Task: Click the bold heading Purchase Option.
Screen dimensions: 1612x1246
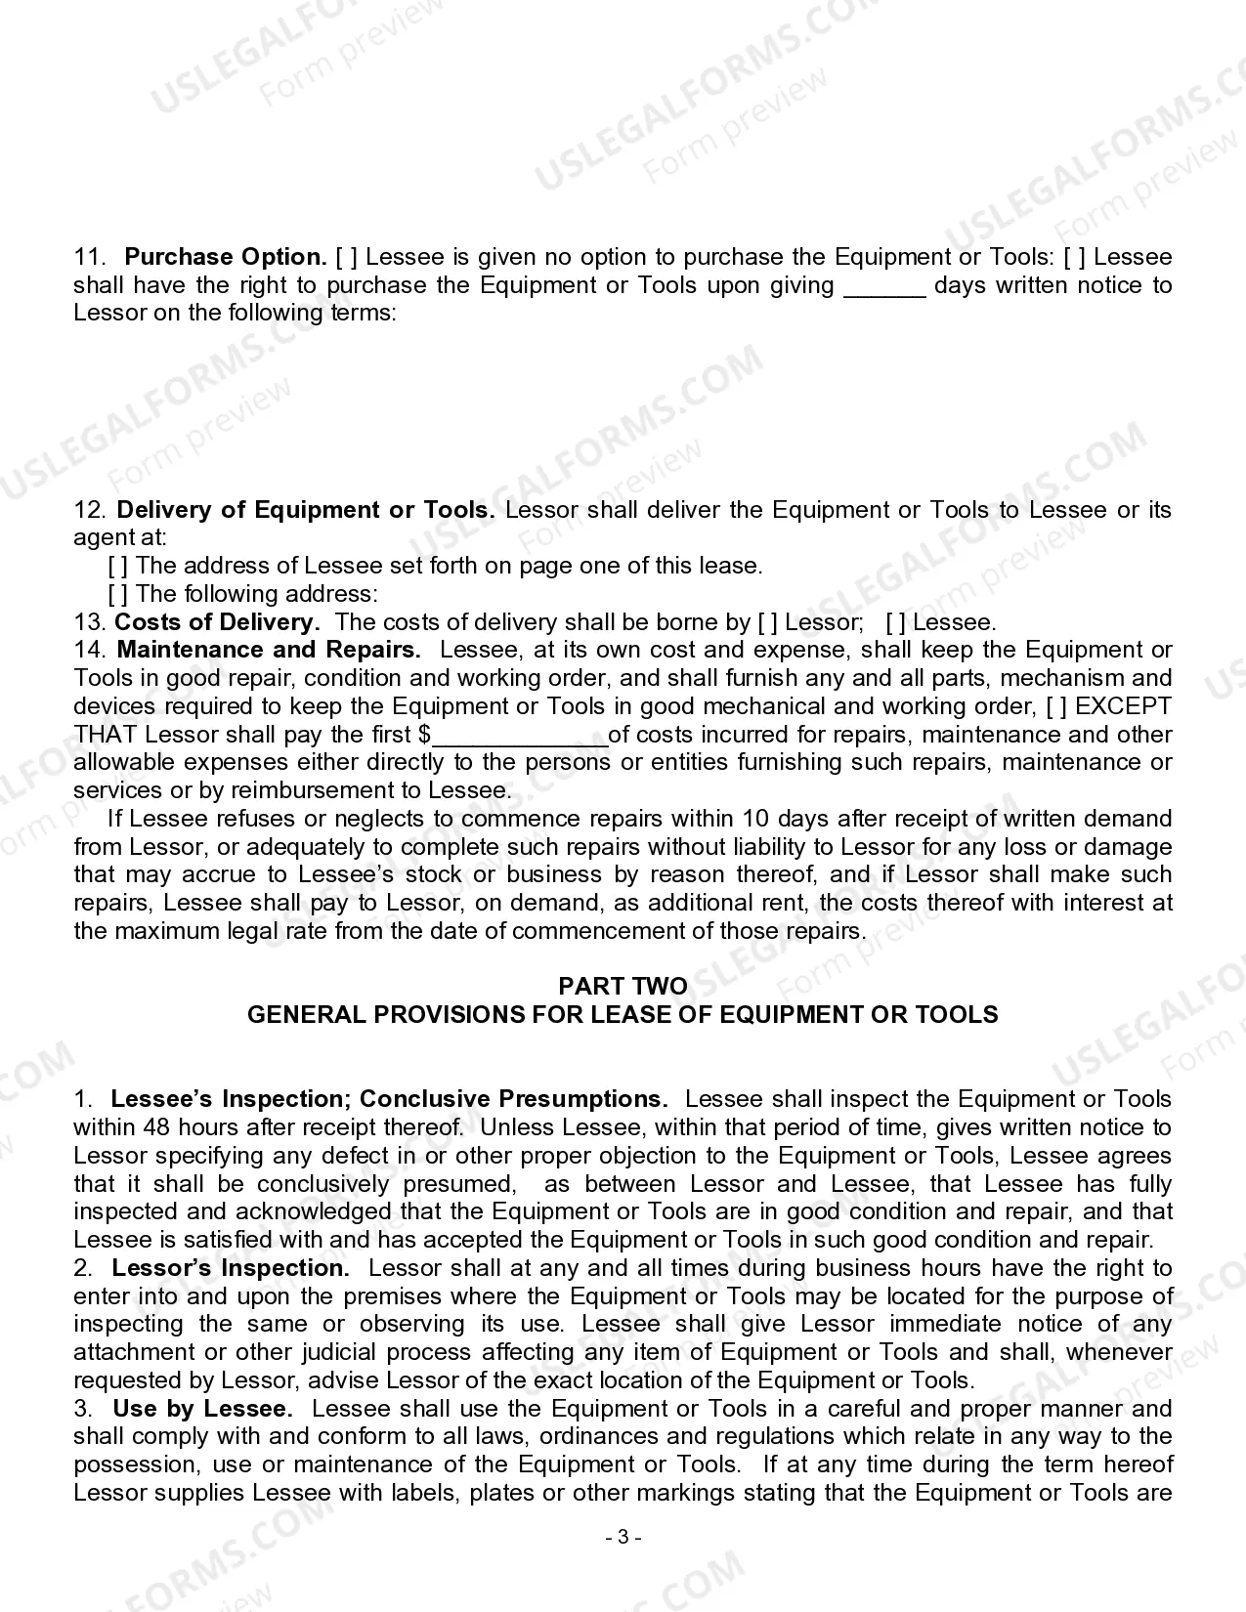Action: click(226, 258)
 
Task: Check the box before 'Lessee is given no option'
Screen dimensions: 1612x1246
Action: click(346, 258)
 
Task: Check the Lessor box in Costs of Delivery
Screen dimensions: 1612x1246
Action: click(768, 622)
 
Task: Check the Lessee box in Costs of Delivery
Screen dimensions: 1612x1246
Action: click(895, 622)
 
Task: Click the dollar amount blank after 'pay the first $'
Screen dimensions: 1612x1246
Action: click(519, 736)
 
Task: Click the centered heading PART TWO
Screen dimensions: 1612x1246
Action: click(623, 986)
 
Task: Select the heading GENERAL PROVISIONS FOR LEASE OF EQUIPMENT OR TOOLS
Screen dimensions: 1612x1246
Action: click(623, 1015)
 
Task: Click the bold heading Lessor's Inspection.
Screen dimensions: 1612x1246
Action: click(231, 1269)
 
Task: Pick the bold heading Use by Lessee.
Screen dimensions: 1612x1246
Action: click(202, 1410)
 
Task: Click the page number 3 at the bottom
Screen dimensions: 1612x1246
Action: click(623, 1537)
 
